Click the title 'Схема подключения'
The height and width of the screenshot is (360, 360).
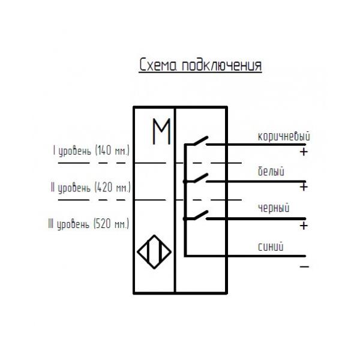click(x=200, y=65)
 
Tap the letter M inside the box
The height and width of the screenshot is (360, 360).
click(x=160, y=132)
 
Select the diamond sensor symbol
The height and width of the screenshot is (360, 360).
click(x=153, y=251)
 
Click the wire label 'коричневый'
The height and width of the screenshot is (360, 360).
click(x=283, y=136)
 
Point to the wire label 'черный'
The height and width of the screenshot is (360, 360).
click(x=273, y=208)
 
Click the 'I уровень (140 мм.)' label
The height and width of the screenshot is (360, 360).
click(x=91, y=151)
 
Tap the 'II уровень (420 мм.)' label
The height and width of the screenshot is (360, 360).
click(x=90, y=188)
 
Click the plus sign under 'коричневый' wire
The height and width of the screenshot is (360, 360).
click(x=304, y=152)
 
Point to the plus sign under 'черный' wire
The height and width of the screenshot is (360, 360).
click(x=304, y=226)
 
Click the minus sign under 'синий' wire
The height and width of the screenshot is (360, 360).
click(x=304, y=265)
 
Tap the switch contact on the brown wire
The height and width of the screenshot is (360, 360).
click(x=197, y=141)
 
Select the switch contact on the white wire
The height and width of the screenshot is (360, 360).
click(x=197, y=178)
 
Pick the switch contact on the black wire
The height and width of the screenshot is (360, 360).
click(x=197, y=214)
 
